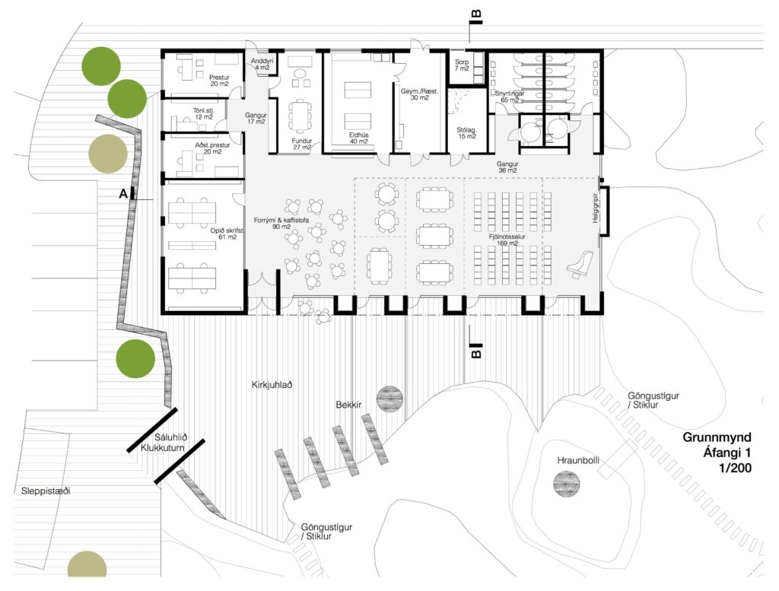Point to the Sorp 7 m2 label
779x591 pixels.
[x=462, y=65]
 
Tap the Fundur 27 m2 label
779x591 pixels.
[x=301, y=143]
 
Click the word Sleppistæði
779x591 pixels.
[x=46, y=491]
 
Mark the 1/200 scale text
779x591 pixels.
[x=735, y=468]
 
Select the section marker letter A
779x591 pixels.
[x=122, y=194]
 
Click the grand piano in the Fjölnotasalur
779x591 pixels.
[x=580, y=263]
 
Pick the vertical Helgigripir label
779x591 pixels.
[x=596, y=208]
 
